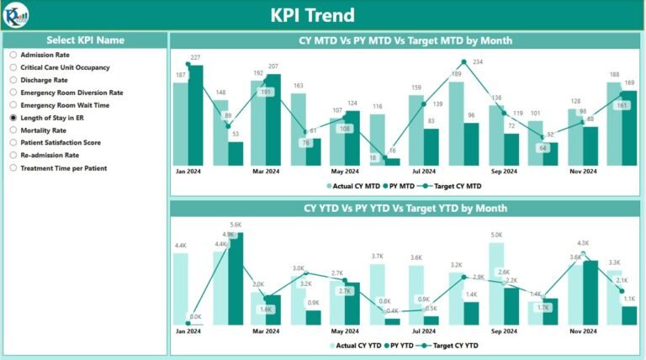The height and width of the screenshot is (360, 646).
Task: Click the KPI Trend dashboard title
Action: point(324,15)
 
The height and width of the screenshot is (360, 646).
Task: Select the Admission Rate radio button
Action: point(13,55)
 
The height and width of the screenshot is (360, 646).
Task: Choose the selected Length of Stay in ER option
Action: point(13,119)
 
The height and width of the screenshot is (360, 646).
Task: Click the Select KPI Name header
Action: point(85,40)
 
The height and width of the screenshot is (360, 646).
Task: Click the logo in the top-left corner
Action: point(16,14)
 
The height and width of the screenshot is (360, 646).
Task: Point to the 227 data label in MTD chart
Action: point(195,57)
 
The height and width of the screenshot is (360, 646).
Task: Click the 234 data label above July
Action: point(478,62)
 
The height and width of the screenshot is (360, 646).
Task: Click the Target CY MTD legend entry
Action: point(454,186)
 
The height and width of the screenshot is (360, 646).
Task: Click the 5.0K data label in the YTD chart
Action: point(496,236)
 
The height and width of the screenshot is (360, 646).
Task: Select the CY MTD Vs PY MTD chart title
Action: point(405,40)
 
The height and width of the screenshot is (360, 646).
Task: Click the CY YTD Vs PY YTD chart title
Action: point(405,208)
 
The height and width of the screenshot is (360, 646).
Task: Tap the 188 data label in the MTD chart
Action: point(615,74)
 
